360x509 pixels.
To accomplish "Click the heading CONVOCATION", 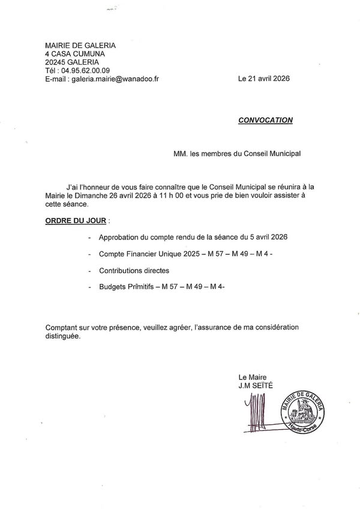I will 265,120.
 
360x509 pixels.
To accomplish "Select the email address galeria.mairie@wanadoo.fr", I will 115,79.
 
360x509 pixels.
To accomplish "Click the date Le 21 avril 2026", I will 264,79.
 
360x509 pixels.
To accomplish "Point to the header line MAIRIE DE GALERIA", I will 80,46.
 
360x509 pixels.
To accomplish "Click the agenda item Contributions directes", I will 134,271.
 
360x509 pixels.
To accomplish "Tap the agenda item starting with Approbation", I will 193,238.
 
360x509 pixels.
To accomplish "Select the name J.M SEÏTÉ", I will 255,385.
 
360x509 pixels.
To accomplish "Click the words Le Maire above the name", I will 252,376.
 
